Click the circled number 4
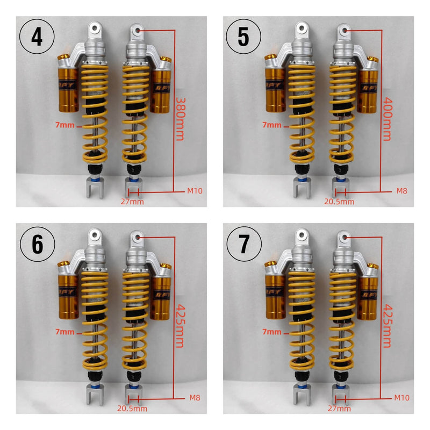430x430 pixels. [x=38, y=38]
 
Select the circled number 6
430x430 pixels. [x=38, y=244]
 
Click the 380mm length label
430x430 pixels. [x=180, y=119]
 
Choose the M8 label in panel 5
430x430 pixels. [x=402, y=191]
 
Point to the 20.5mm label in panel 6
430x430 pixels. [x=133, y=408]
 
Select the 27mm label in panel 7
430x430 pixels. [x=340, y=408]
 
